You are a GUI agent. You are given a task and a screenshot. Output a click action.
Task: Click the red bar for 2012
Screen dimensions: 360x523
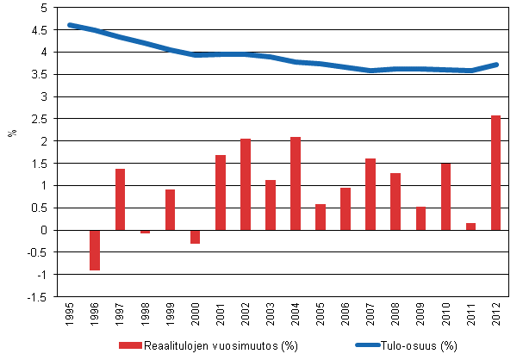coord(496,172)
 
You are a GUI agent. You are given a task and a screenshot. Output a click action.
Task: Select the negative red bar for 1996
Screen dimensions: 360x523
coord(95,250)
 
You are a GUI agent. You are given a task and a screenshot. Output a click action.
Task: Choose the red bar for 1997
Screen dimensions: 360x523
coord(120,199)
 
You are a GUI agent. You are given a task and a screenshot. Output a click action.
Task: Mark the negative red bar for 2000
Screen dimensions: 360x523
coord(196,237)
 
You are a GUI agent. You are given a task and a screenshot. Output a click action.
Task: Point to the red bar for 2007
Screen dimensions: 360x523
coord(370,194)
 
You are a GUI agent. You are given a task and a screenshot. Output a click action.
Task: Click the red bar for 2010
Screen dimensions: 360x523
coord(446,196)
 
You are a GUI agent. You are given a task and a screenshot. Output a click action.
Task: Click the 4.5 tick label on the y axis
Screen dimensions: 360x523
coord(38,30)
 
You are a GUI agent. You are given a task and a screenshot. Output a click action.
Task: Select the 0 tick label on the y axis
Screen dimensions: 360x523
coord(42,230)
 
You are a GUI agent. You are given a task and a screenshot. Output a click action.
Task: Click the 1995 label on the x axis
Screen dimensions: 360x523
coord(70,315)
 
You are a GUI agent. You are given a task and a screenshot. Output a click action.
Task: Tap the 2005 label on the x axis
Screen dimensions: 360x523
coord(321,315)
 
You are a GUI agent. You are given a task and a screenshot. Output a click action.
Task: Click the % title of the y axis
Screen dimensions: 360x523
coord(13,133)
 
